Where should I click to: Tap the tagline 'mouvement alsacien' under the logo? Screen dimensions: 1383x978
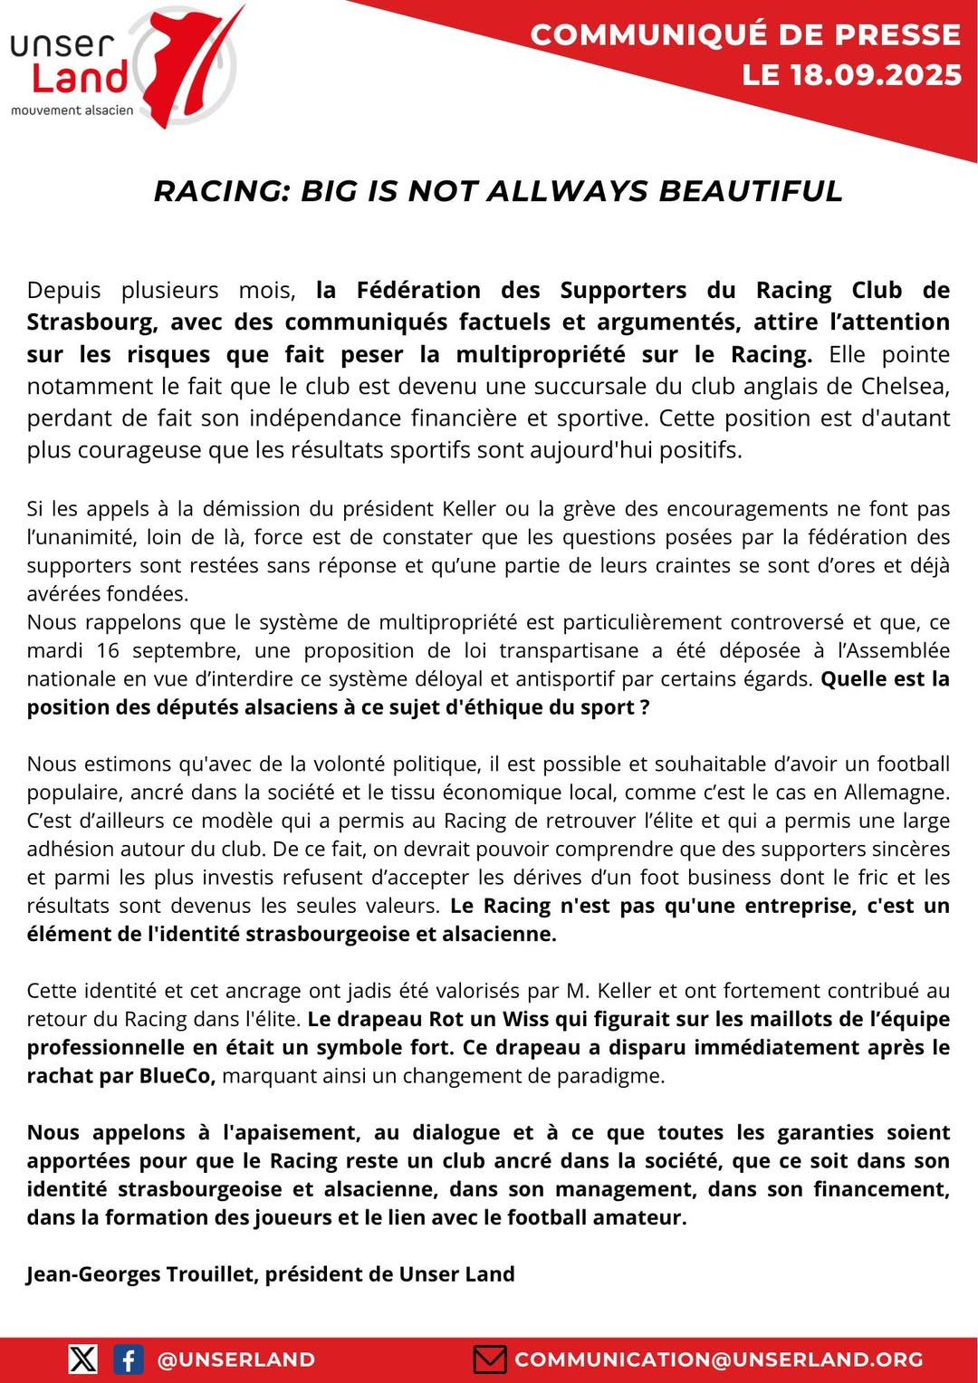72,110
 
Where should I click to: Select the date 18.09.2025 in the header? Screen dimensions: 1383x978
876,75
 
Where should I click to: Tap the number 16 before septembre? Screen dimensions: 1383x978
108,650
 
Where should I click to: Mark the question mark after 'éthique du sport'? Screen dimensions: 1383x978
645,707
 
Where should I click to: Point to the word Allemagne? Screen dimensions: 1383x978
896,792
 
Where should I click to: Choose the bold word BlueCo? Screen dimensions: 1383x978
177,1076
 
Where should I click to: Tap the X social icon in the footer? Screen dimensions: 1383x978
83,1359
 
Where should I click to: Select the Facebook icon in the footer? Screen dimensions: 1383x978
129,1359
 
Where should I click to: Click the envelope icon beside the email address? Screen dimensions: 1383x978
490,1359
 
